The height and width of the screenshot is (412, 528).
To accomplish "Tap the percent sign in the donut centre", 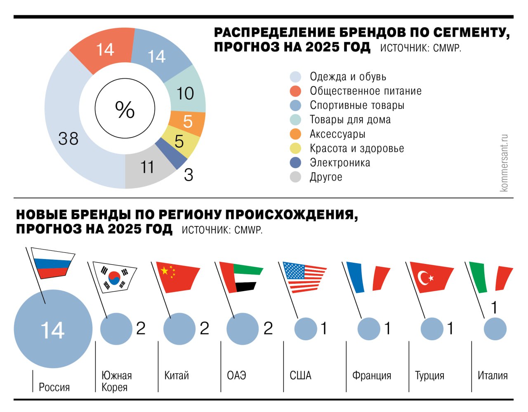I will (x=125, y=109).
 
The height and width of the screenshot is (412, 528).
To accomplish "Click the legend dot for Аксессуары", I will (x=295, y=134).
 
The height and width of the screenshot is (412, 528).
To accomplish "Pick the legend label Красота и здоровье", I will (x=357, y=148).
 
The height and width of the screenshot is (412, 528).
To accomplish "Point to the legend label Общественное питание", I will (x=365, y=91).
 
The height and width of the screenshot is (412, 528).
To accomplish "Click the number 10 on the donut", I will (x=185, y=94).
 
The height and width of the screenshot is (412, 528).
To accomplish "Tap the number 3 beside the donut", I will (x=189, y=175).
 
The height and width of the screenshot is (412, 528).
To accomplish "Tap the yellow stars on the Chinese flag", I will (x=167, y=271).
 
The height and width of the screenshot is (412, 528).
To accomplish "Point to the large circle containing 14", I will (x=53, y=329).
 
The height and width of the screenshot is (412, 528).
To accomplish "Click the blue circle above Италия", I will (x=495, y=329).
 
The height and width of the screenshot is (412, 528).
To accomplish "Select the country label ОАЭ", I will (x=236, y=375).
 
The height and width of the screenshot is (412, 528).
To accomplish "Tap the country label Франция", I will (x=371, y=375).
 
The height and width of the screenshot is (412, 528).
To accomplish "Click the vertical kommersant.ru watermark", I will (x=504, y=163).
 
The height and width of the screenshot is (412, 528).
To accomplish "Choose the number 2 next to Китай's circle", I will (x=204, y=328).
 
